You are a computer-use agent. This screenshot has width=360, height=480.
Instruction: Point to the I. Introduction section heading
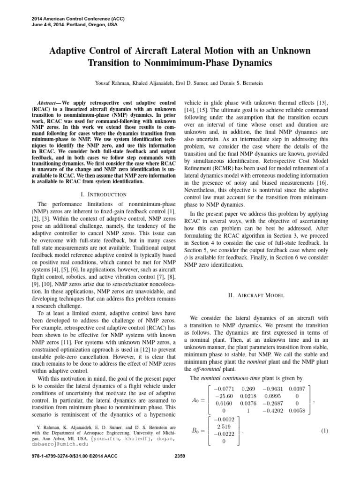pyautogui.click(x=101, y=194)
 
